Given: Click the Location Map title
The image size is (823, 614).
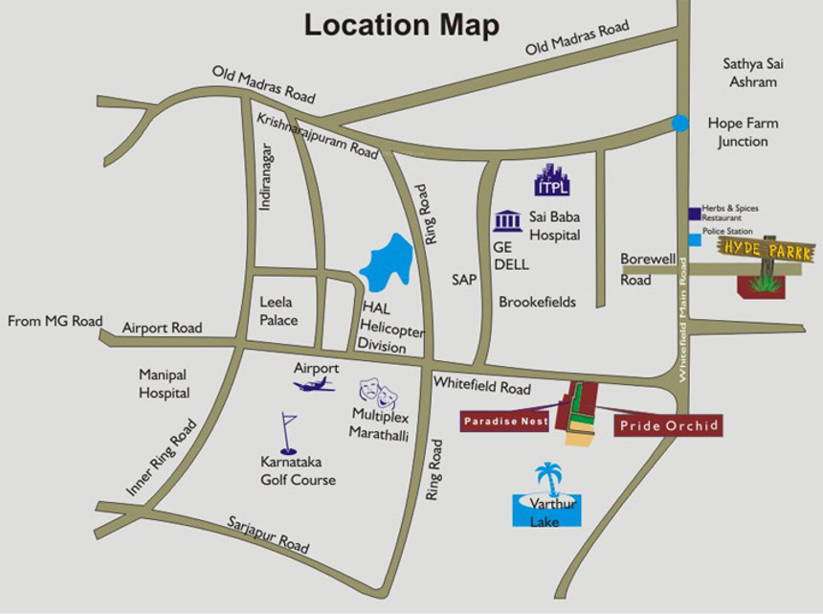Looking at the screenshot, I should click(x=401, y=25).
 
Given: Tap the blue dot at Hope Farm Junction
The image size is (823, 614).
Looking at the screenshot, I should click(x=679, y=123).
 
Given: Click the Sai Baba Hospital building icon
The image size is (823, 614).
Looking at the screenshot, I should click(x=507, y=221).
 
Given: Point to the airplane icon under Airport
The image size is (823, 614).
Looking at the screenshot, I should click(x=314, y=384).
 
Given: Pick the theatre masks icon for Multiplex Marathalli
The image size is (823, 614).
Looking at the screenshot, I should click(x=377, y=393).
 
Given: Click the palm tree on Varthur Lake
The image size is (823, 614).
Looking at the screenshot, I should click(x=547, y=478).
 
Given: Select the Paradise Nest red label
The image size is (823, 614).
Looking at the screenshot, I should click(x=505, y=421).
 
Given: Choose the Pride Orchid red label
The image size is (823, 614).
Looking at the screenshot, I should click(x=668, y=425).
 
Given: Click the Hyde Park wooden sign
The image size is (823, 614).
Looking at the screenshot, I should click(x=767, y=251).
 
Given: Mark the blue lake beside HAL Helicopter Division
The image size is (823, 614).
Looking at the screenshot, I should click(x=387, y=264).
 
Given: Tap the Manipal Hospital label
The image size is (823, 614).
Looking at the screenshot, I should click(x=164, y=383).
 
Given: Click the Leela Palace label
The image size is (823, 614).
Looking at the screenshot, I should click(x=278, y=311).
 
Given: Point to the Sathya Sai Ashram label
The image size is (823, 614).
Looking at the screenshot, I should click(x=749, y=73).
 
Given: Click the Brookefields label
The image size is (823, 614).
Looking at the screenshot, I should click(x=537, y=302).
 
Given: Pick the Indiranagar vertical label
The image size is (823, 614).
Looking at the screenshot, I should click(x=266, y=176).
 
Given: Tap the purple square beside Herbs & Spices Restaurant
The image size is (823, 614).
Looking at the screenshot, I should click(x=694, y=214).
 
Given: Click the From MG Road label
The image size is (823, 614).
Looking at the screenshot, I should click(x=55, y=321).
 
